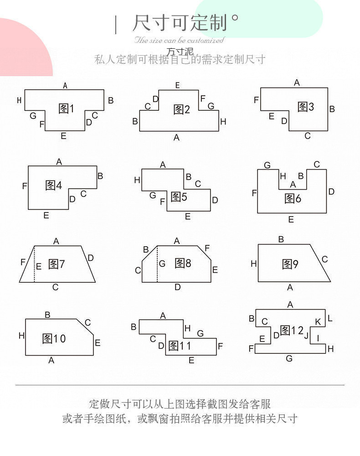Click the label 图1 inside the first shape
66,109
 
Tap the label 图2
181,109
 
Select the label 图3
306,107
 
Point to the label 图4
54,185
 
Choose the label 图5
179,197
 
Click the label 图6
293,198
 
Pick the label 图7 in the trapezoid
57,264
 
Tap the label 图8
183,263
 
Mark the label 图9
290,264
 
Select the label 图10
54,338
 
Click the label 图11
180,346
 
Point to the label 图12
292,330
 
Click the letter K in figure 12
318,322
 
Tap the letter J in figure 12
306,337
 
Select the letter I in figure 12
318,338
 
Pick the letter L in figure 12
330,318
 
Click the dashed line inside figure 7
35,264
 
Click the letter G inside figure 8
162,264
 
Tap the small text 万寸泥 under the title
180,52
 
